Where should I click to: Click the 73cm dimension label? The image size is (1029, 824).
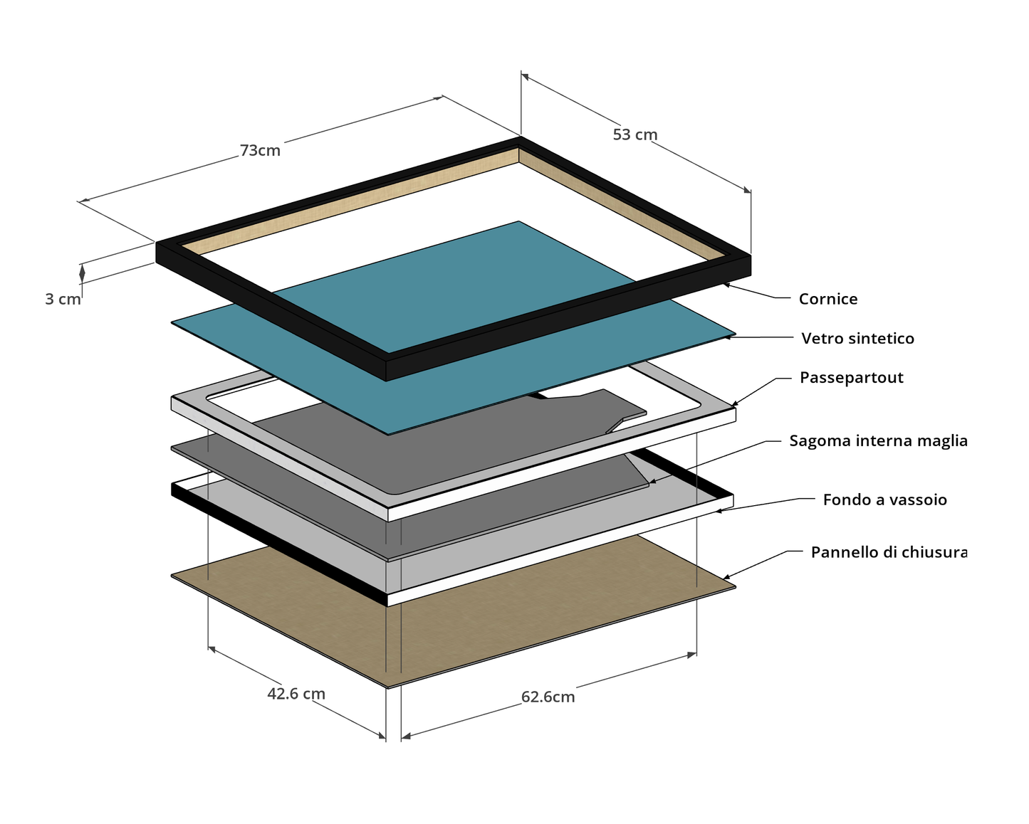[x=260, y=151]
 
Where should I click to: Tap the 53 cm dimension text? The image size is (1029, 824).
[x=634, y=134]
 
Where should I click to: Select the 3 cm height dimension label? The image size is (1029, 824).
[x=63, y=300]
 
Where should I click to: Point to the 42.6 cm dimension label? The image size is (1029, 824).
[x=296, y=693]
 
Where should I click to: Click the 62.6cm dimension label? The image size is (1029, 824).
[x=548, y=697]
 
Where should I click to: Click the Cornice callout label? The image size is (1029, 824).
[x=827, y=299]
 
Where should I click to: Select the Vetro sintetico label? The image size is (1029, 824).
[x=857, y=338]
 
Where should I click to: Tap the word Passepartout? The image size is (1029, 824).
[x=851, y=377]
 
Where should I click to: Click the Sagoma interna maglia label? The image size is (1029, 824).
[x=878, y=440]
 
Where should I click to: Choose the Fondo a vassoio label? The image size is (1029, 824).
[x=884, y=500]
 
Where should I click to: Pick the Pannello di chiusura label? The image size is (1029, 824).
[x=889, y=552]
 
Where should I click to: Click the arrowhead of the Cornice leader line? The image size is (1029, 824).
[x=726, y=284]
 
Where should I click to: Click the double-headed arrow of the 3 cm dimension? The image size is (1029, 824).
[x=82, y=273]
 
